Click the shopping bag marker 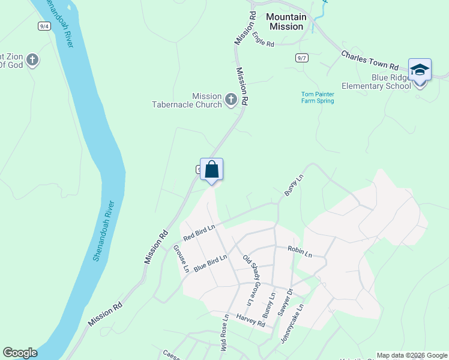click(211, 169)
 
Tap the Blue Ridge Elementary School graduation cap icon click(420, 71)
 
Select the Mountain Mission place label click(286, 22)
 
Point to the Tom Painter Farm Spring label click(317, 97)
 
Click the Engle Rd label click(263, 40)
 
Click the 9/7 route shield click(302, 58)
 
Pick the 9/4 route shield click(44, 26)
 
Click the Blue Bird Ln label click(210, 263)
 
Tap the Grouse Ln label click(181, 259)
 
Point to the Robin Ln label click(300, 251)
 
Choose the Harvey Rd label click(250, 320)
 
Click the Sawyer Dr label click(285, 302)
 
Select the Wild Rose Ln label click(224, 333)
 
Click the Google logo click(20, 353)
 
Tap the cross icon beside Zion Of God click(32, 60)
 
